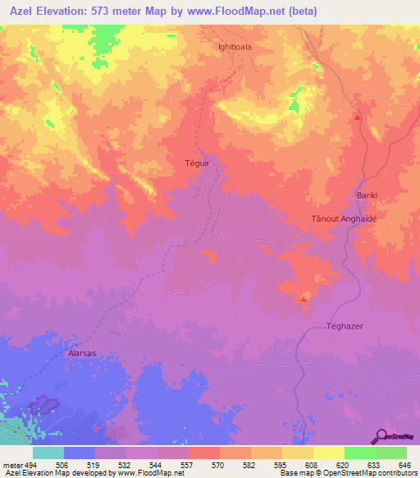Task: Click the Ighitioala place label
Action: pyautogui.click(x=235, y=47)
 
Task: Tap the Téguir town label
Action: pyautogui.click(x=199, y=163)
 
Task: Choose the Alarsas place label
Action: pyautogui.click(x=80, y=354)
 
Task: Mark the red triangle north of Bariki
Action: pyautogui.click(x=358, y=117)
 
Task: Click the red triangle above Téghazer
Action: pyautogui.click(x=304, y=298)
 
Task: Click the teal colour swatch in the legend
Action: pyautogui.click(x=48, y=453)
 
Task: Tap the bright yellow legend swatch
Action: pyautogui.click(x=328, y=453)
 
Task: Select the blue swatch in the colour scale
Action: pyautogui.click(x=79, y=453)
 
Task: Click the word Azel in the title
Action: pyautogui.click(x=24, y=11)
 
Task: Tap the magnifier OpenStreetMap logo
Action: pyautogui.click(x=381, y=436)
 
